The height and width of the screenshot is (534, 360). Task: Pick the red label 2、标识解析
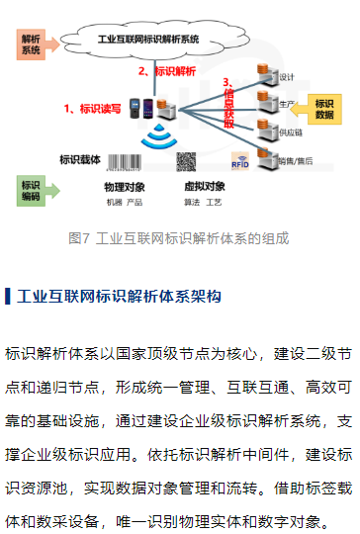pyautogui.click(x=165, y=71)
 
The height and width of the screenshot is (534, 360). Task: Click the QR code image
pyautogui.click(x=187, y=160)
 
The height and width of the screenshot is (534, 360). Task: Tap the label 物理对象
pyautogui.click(x=126, y=186)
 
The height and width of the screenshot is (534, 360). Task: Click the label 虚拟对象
pyautogui.click(x=204, y=186)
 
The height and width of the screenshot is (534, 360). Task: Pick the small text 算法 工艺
pyautogui.click(x=204, y=202)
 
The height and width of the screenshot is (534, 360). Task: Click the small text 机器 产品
pyautogui.click(x=125, y=202)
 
